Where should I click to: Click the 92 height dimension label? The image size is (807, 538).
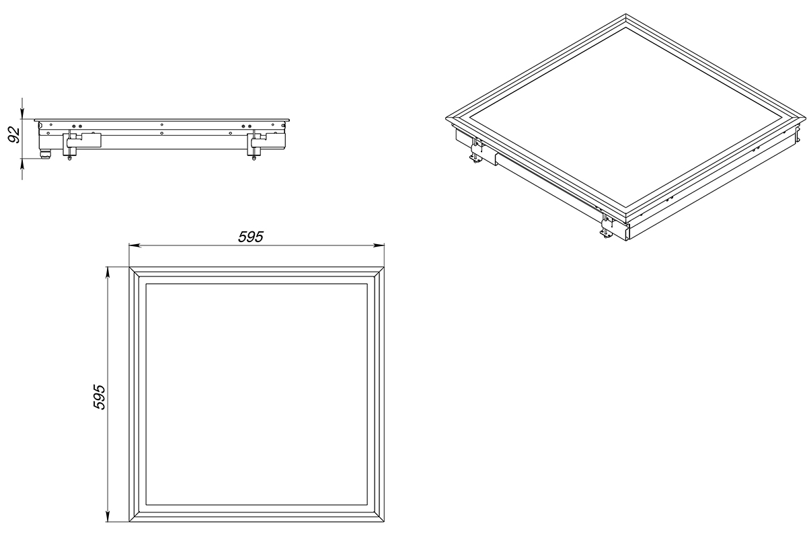pos(14,135)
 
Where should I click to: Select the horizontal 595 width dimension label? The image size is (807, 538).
pos(251,237)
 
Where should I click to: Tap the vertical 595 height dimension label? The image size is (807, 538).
pos(99,397)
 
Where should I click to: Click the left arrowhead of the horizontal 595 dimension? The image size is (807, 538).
pos(134,245)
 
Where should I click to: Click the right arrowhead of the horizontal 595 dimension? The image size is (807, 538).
pos(379,245)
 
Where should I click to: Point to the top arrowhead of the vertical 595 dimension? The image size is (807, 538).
pos(107,273)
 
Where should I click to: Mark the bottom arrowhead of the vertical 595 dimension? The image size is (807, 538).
pos(107,516)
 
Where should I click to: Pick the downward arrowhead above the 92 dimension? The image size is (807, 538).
pos(22,113)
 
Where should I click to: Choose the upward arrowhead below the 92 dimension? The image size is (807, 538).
pos(22,164)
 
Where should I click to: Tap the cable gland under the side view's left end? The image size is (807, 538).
pos(46,154)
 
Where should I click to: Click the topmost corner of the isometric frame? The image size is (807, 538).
pos(626,14)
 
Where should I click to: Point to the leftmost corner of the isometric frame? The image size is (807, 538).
pos(446,118)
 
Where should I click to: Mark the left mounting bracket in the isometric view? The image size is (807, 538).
pos(476,151)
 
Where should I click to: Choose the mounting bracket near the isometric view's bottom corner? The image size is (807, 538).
pos(607,226)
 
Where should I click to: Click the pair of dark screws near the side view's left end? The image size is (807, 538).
pos(77,126)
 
